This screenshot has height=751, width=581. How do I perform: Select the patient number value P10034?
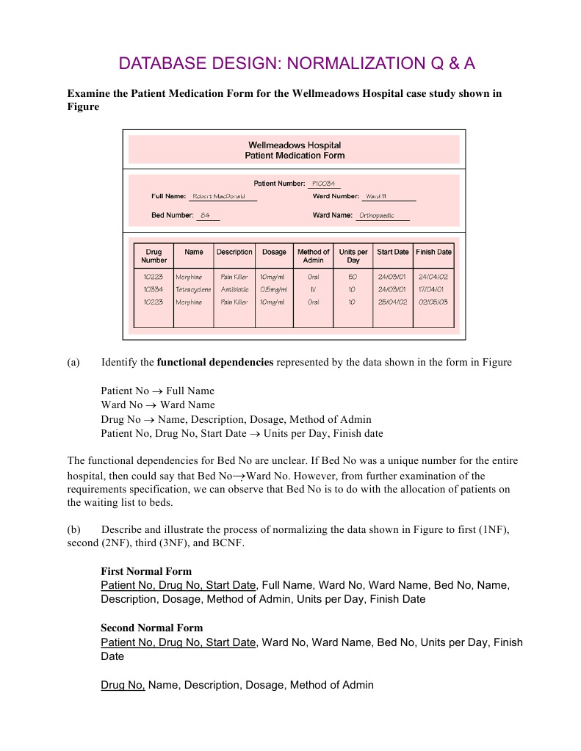[x=324, y=184]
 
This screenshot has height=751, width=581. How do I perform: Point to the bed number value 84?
[x=206, y=216]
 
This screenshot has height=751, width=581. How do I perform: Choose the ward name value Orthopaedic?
[x=376, y=216]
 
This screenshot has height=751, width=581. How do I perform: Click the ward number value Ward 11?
[x=376, y=197]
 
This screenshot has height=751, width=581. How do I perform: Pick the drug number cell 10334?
[x=154, y=289]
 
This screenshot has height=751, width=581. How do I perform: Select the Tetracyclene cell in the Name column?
[x=194, y=289]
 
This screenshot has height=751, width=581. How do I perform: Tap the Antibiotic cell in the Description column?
[x=234, y=289]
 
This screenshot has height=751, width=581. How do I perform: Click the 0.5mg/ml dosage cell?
[x=273, y=289]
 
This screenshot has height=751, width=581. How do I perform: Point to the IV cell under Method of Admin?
[x=313, y=289]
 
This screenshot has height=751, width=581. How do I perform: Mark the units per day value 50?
[x=352, y=277]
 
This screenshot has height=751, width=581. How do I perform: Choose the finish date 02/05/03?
[x=433, y=302]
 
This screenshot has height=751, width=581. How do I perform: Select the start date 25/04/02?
[x=392, y=302]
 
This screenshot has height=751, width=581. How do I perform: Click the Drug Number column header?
[x=154, y=255]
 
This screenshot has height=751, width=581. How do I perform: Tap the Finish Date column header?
[x=433, y=252]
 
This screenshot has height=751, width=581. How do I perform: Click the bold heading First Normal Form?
[x=146, y=571]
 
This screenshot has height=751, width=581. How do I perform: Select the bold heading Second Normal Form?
[x=151, y=628]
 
